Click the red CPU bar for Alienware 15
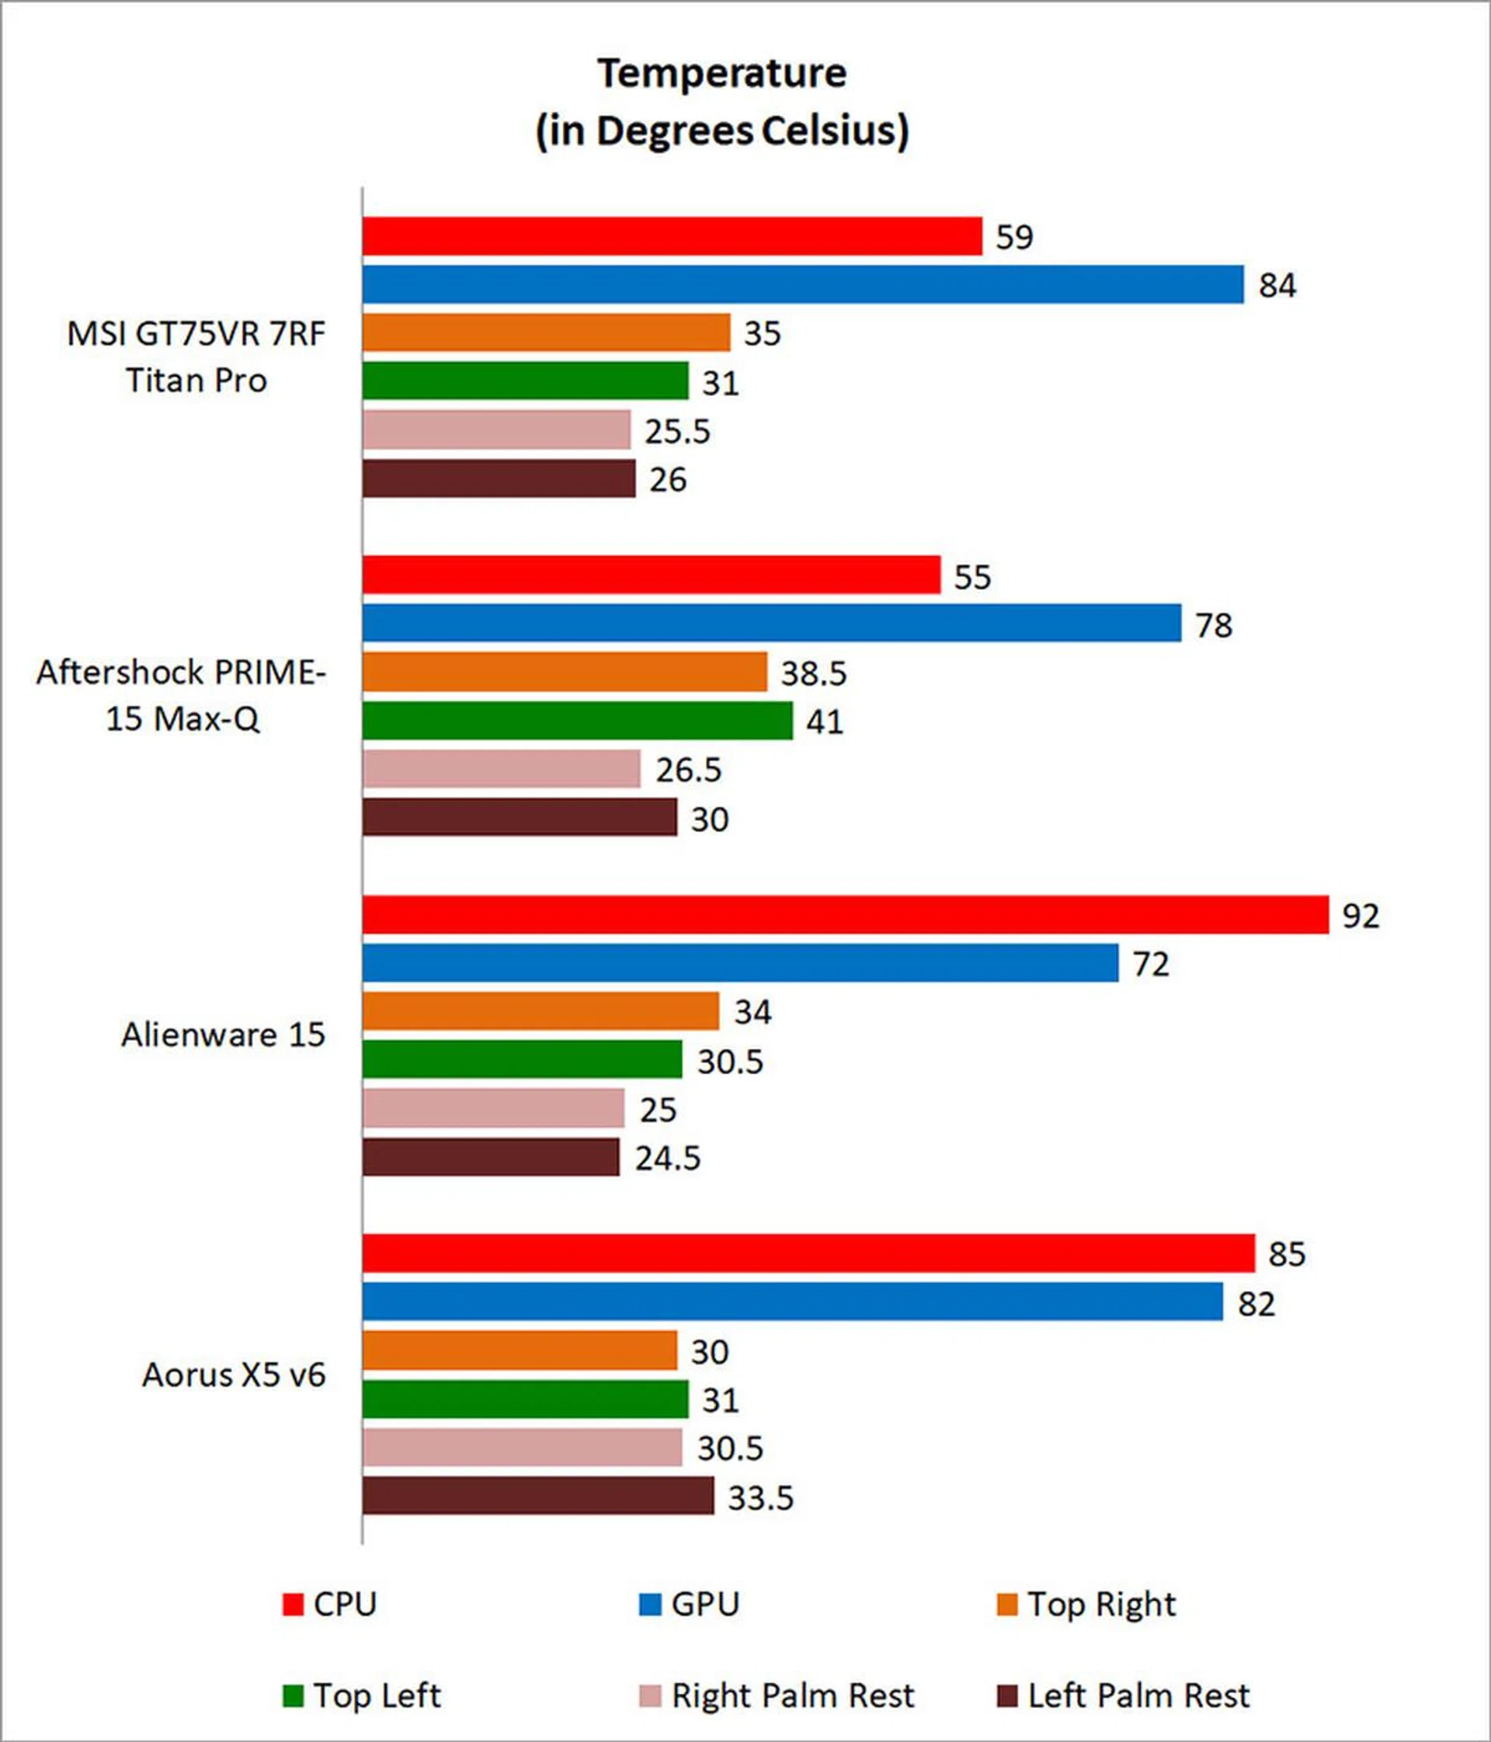pyautogui.click(x=845, y=915)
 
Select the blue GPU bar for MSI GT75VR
pyautogui.click(x=803, y=284)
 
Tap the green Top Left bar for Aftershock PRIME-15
pyautogui.click(x=578, y=721)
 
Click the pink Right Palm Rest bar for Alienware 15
pyautogui.click(x=493, y=1108)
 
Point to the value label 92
pyautogui.click(x=1361, y=916)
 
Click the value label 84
pyautogui.click(x=1277, y=286)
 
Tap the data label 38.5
pyautogui.click(x=813, y=673)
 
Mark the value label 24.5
pyautogui.click(x=667, y=1159)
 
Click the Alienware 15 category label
pyautogui.click(x=223, y=1035)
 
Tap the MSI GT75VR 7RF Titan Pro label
pyautogui.click(x=196, y=356)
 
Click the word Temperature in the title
pyautogui.click(x=722, y=74)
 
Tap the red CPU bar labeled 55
pyautogui.click(x=652, y=575)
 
